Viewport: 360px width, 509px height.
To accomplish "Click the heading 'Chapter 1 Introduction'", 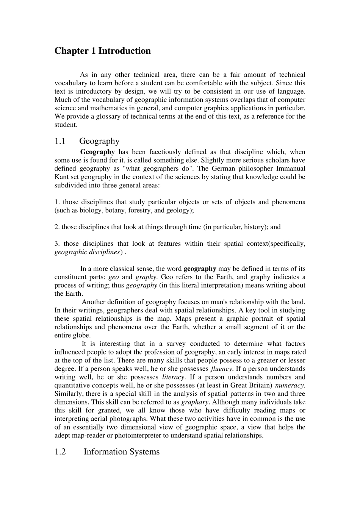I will click(x=102, y=51).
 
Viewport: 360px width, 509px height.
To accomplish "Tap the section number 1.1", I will click(x=60, y=141).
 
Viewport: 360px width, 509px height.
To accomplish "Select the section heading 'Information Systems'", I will click(x=121, y=452).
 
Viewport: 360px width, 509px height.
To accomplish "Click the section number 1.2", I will click(x=60, y=452).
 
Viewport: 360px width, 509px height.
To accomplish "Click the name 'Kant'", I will click(x=61, y=177).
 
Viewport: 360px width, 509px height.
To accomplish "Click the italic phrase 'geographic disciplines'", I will click(x=87, y=252).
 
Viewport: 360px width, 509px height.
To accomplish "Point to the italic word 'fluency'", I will click(x=221, y=369).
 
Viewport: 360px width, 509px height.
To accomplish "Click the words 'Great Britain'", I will click(x=252, y=386).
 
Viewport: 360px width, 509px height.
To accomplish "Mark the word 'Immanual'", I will click(x=291, y=169).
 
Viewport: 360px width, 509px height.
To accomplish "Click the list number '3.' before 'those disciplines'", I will click(x=57, y=244).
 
